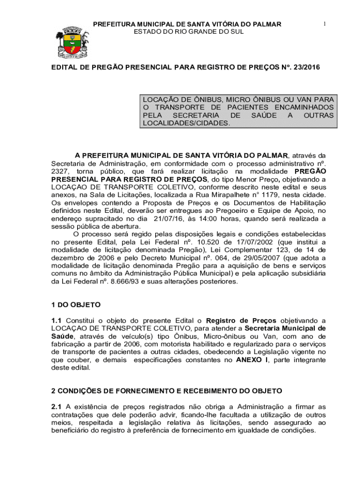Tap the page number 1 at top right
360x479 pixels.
coord(323,23)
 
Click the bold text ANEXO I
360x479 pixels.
coord(252,360)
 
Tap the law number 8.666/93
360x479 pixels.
coord(113,282)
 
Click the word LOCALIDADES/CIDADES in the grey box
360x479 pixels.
coord(186,123)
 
